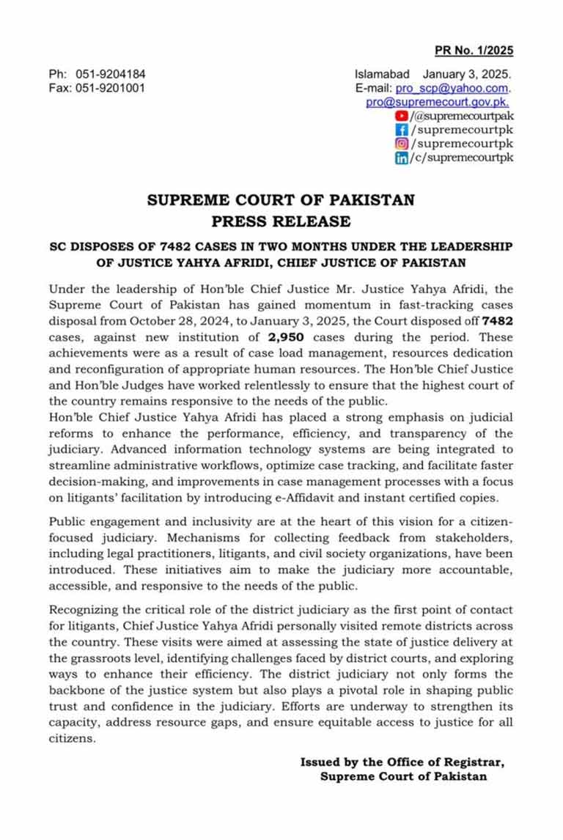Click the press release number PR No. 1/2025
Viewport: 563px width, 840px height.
[x=474, y=51]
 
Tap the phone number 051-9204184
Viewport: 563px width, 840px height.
[x=110, y=75]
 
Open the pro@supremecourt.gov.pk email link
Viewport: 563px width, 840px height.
[x=438, y=103]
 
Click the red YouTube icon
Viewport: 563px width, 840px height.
[x=401, y=117]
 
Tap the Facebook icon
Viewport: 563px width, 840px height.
[x=401, y=130]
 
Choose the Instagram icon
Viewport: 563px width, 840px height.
[x=401, y=144]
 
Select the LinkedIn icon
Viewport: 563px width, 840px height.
[x=401, y=158]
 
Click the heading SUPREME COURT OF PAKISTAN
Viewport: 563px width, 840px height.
[x=281, y=199]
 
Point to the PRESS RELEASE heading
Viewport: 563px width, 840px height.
[x=281, y=221]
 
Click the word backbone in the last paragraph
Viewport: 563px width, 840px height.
[x=82, y=691]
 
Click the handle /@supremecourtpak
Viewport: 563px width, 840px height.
[x=462, y=117]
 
